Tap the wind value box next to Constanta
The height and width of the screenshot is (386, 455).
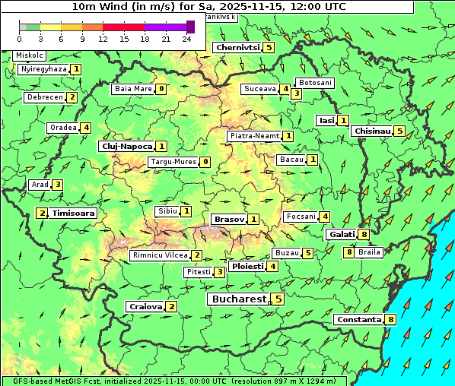click(391, 320)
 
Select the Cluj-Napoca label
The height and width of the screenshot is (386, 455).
click(126, 146)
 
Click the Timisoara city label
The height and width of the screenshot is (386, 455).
click(74, 214)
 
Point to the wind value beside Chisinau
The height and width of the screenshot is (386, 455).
click(400, 131)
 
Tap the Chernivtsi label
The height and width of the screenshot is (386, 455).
click(237, 48)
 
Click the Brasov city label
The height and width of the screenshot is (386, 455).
click(229, 219)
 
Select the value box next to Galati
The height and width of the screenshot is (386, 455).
click(364, 235)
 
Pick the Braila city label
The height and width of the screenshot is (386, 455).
click(369, 252)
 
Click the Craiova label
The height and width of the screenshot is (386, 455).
click(146, 306)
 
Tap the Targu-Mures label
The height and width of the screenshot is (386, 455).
click(173, 162)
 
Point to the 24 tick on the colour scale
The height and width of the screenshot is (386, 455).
click(186, 38)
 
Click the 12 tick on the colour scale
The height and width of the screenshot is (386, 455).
click(103, 38)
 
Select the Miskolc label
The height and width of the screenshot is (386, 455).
click(30, 55)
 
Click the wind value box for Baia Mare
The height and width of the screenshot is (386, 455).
click(161, 89)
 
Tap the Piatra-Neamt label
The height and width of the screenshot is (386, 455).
click(254, 136)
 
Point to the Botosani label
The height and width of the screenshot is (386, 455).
click(315, 82)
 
